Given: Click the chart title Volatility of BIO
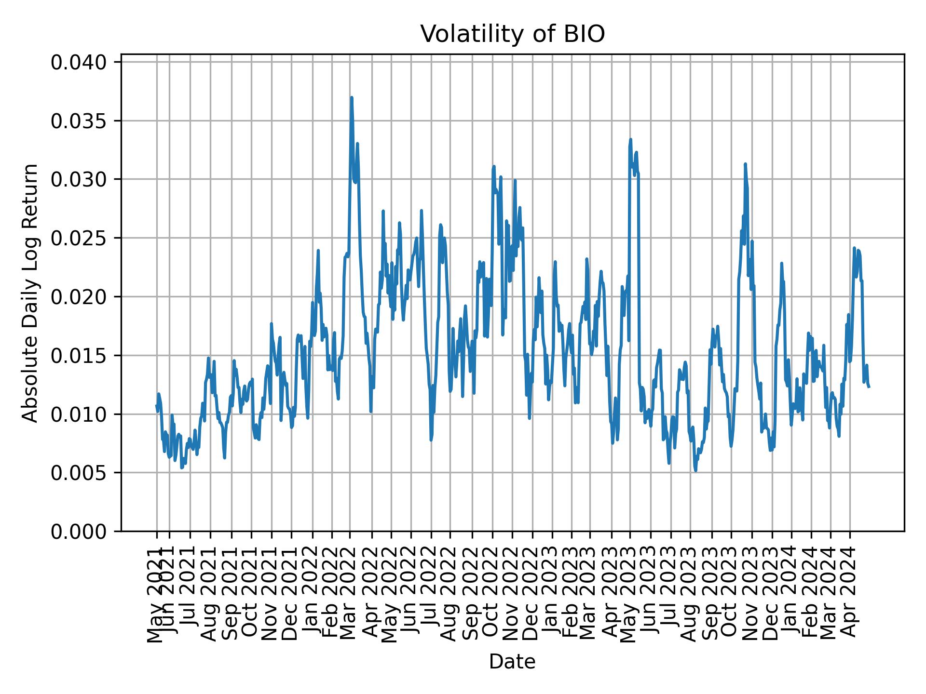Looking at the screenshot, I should point(512,34).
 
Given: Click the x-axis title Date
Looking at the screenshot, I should point(512,662).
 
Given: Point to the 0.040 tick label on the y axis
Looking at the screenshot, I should point(79,62).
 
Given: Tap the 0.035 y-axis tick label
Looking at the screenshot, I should point(79,121).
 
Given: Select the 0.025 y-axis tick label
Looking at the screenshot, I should point(79,238).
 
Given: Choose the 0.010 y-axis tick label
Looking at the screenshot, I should point(79,414).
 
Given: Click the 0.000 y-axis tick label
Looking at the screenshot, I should point(79,531).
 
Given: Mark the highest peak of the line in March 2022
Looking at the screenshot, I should point(352,97).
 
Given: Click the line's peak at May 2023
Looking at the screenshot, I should point(630,139).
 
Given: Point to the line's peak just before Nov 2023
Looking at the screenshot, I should point(745,164).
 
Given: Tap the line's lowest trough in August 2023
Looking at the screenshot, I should point(695,471).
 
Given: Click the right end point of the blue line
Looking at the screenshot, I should point(869,387).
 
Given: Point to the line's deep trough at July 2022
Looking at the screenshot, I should point(431,440).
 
